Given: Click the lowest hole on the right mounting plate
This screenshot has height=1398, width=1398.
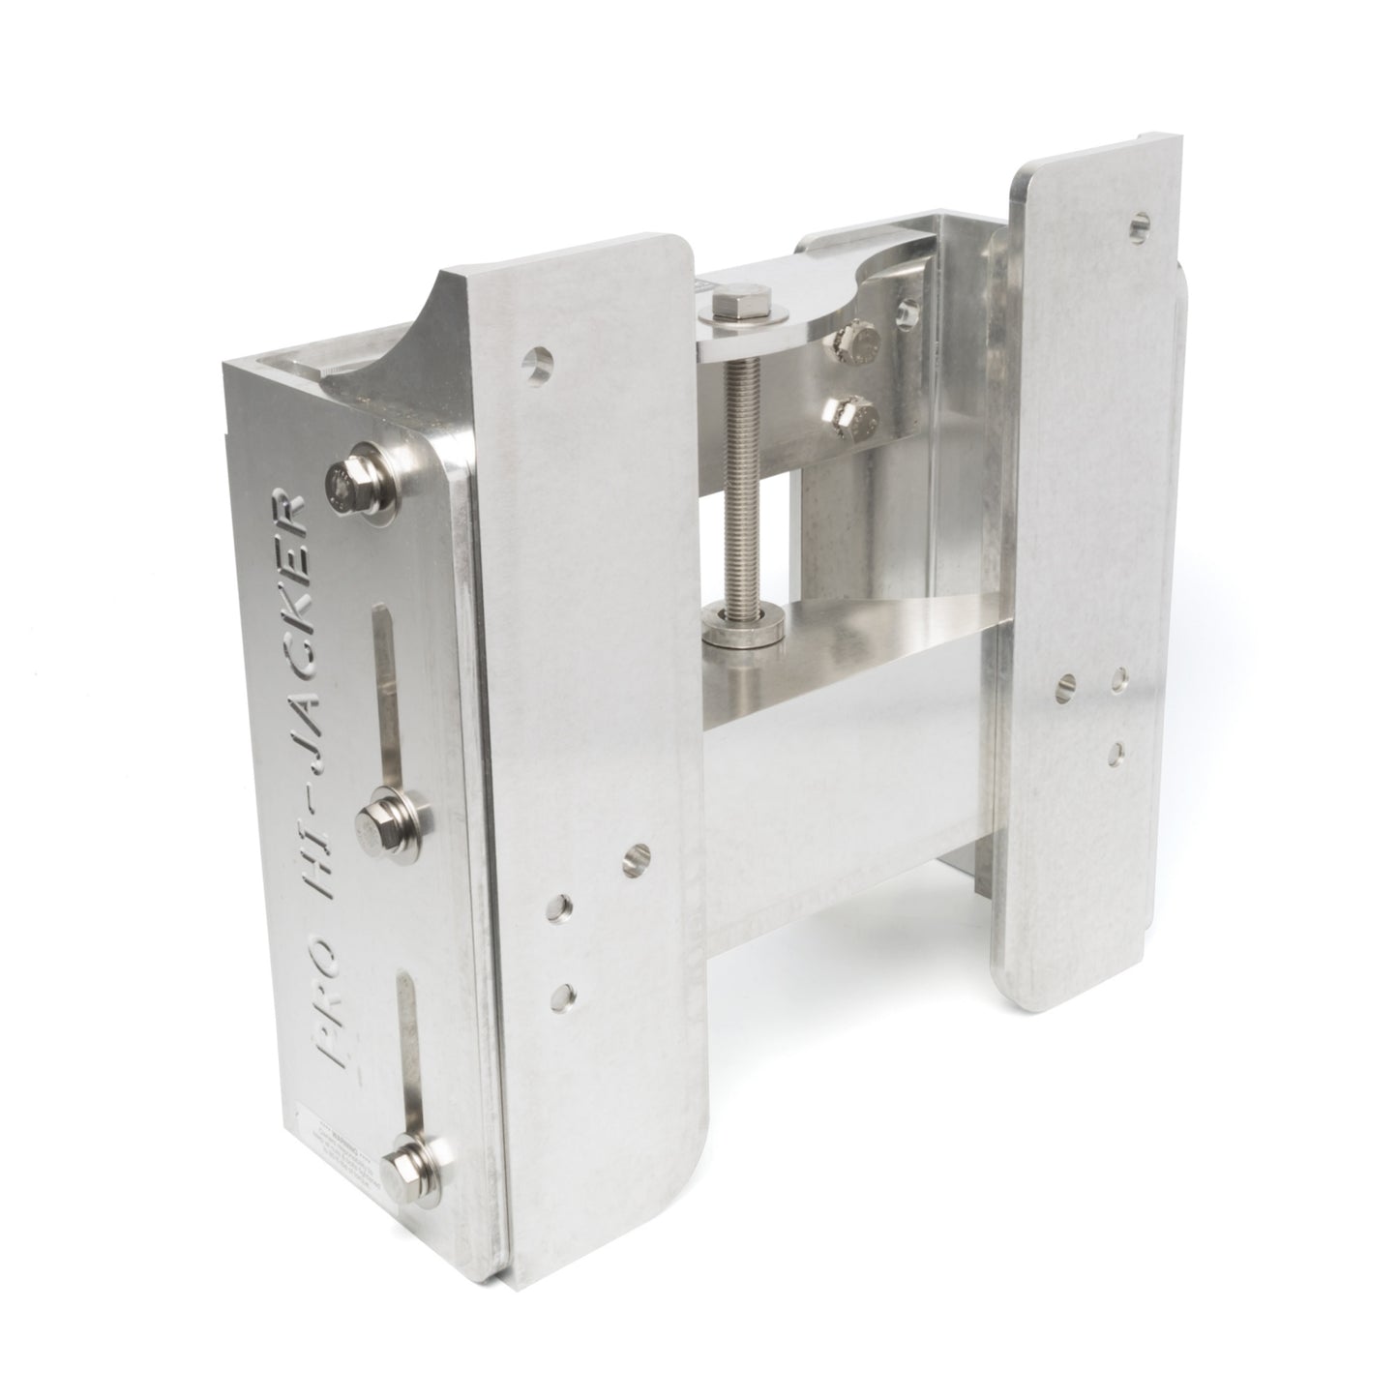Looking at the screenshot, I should point(1117,748).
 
